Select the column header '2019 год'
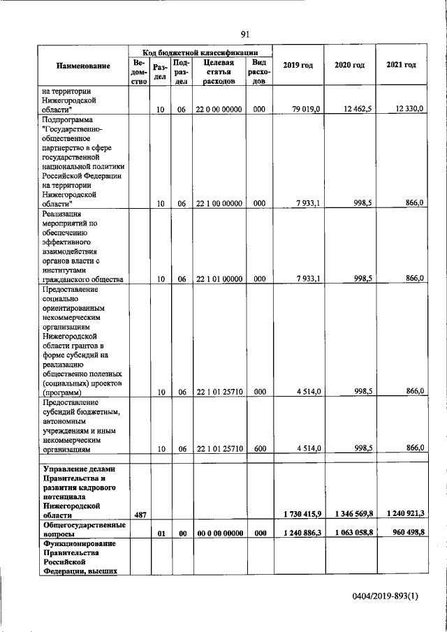[x=298, y=66]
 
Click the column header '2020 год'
[x=349, y=66]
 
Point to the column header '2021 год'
[x=401, y=66]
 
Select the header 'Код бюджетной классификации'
[x=200, y=52]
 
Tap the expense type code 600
[x=258, y=450]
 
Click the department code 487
[x=139, y=515]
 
